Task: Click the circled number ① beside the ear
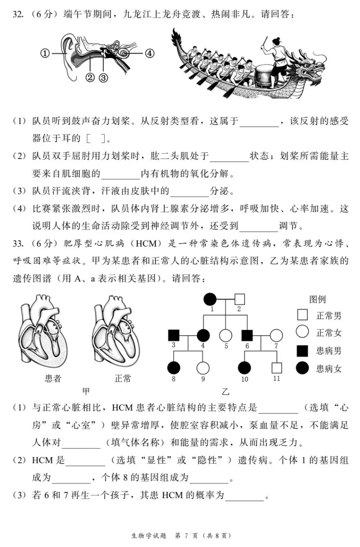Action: click(45, 53)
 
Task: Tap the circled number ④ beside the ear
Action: click(149, 53)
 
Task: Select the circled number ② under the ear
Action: click(90, 77)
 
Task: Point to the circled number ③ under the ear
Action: click(103, 77)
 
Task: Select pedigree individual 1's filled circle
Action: click(210, 299)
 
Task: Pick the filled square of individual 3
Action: click(173, 335)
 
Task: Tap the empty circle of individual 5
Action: click(225, 335)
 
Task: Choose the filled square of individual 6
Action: click(247, 335)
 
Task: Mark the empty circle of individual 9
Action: click(203, 368)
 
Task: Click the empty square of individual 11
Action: click(276, 368)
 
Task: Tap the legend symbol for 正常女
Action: click(302, 332)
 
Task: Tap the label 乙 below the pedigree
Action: click(225, 391)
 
